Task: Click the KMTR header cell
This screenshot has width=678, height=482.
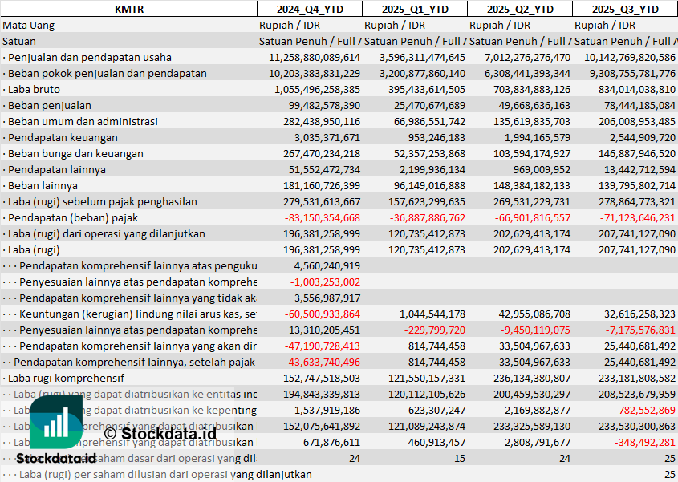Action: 128,9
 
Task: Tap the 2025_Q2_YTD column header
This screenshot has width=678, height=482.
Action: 520,9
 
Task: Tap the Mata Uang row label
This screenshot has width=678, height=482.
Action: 29,25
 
